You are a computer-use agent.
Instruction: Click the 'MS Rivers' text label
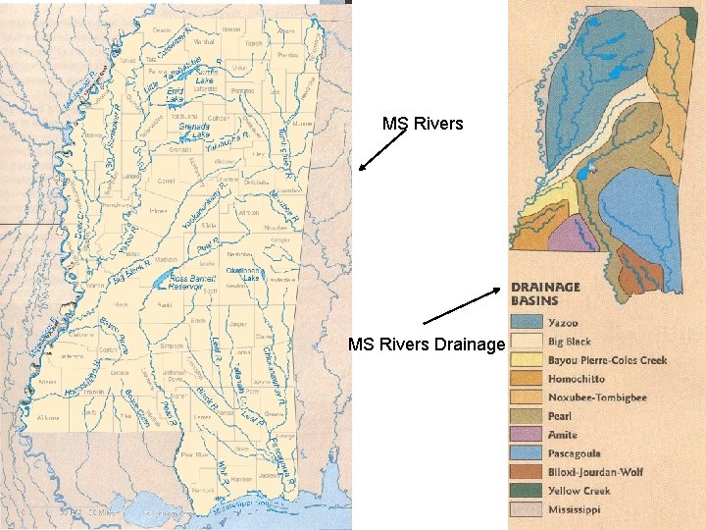pos(423,124)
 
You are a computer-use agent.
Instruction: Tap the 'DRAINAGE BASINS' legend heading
pos(545,293)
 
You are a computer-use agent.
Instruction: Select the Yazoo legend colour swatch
pos(527,323)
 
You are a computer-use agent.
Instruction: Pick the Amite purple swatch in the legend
pos(527,435)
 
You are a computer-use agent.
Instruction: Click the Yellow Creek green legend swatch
pos(527,491)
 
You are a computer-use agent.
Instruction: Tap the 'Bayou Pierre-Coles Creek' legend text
pos(607,360)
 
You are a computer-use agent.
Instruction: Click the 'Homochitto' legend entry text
pos(577,379)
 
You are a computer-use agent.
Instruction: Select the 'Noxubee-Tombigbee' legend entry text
pos(597,397)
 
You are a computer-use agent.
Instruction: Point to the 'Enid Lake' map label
pos(174,96)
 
